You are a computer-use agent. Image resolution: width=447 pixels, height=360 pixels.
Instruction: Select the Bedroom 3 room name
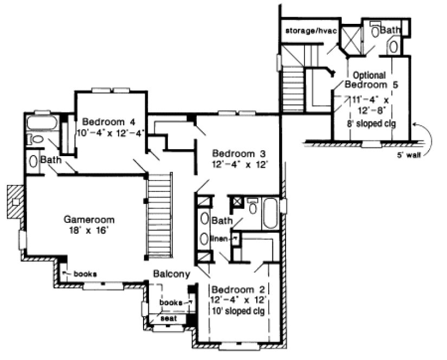click(238, 152)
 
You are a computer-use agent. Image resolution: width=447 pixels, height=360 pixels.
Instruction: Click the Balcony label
click(171, 275)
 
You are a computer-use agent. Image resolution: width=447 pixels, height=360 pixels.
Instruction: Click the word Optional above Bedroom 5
click(370, 75)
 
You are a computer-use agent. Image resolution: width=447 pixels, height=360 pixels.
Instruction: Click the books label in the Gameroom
click(85, 274)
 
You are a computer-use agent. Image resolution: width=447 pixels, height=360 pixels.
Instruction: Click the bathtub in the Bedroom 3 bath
click(270, 214)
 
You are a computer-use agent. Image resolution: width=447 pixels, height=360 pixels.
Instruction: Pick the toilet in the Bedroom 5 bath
click(374, 31)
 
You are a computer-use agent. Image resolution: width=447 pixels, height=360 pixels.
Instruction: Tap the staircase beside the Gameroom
click(160, 216)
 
